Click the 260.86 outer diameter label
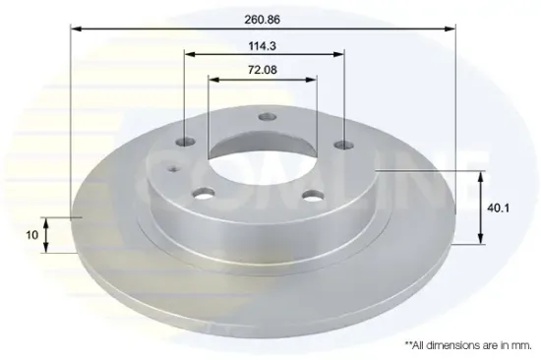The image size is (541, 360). [x=263, y=20]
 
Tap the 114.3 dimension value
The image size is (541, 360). [x=263, y=46]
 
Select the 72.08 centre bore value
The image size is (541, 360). [x=263, y=70]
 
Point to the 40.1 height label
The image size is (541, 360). [x=499, y=209]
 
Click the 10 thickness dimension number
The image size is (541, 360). [x=32, y=235]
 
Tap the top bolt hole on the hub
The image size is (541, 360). [x=268, y=117]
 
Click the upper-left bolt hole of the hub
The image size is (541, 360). [x=185, y=142]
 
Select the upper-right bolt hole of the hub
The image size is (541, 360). [x=344, y=145]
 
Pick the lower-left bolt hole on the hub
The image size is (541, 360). [x=204, y=194]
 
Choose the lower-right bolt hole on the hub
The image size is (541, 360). [x=313, y=196]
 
